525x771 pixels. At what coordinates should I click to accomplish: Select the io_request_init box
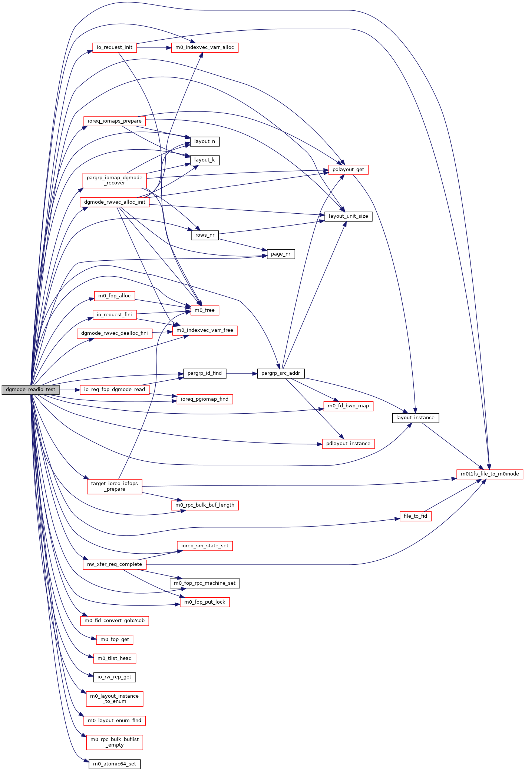(115, 47)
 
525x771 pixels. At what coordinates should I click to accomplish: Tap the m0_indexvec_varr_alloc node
(204, 47)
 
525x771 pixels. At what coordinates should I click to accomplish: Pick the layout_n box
(204, 141)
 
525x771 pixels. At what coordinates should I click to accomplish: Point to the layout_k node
(204, 160)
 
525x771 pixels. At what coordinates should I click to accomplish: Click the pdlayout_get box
(348, 170)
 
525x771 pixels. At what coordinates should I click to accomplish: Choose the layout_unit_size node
(348, 216)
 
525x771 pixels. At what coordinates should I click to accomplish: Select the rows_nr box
(205, 235)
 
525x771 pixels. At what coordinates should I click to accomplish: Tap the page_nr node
(281, 254)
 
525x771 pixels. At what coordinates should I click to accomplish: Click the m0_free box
(205, 310)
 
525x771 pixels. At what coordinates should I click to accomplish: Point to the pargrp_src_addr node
(281, 373)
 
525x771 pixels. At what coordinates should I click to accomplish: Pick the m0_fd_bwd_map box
(348, 406)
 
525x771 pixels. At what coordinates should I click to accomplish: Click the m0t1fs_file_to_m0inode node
(489, 474)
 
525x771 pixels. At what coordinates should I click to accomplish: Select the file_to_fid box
(415, 516)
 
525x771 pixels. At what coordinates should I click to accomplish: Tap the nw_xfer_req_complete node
(115, 564)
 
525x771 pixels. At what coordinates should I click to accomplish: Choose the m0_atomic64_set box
(115, 764)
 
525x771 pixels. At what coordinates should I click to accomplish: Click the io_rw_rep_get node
(115, 677)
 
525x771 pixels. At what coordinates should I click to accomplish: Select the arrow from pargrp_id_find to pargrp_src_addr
(241, 374)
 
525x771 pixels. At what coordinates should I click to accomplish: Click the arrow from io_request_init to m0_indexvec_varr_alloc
(154, 48)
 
